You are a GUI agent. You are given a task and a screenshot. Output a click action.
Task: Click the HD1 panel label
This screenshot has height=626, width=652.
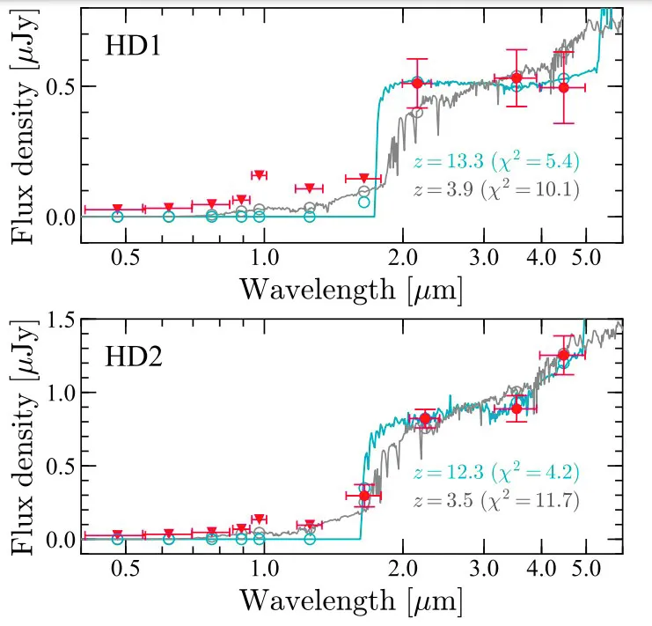[x=133, y=46]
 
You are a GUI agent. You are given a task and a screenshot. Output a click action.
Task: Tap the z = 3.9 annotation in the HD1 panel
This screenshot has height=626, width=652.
[x=496, y=188]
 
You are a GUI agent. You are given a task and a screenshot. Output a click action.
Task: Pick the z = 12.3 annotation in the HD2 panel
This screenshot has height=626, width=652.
[x=496, y=473]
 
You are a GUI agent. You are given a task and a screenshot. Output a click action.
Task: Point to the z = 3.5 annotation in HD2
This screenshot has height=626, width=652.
[x=496, y=500]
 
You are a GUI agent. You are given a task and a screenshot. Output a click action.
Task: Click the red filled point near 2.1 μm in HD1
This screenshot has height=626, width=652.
[x=418, y=83]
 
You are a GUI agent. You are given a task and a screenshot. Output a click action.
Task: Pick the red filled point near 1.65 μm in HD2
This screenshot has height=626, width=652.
[x=365, y=496]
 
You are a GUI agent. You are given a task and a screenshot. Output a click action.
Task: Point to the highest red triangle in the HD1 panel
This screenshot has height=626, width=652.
[x=259, y=175]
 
